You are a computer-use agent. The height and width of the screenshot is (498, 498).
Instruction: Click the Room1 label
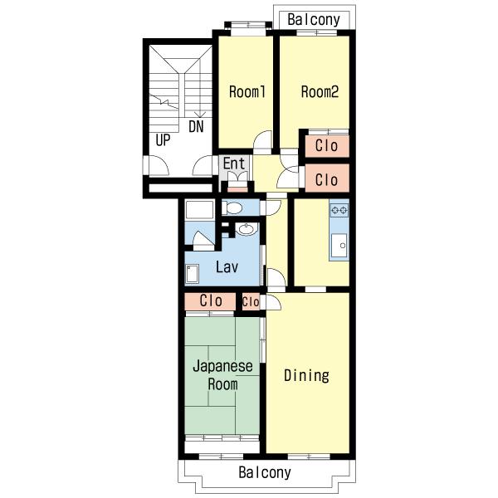247,92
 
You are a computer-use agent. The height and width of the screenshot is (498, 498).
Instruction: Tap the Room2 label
320,91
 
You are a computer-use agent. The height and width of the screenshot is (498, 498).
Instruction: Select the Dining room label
306,375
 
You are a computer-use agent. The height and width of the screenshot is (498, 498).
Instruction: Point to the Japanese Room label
222,375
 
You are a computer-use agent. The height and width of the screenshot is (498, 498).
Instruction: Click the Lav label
227,266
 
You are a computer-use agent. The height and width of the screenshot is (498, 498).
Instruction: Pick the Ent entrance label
234,164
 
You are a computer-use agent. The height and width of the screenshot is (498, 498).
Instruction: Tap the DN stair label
196,127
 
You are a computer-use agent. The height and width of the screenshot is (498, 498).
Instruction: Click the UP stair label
163,140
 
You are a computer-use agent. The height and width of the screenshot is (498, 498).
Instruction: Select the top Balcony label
314,20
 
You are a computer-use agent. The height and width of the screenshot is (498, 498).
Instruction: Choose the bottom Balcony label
265,472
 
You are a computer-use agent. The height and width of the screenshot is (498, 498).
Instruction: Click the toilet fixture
232,207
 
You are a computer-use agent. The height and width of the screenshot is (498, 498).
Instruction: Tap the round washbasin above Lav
247,229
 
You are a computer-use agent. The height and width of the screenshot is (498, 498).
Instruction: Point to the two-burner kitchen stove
339,210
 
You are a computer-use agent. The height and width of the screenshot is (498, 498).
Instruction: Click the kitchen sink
339,245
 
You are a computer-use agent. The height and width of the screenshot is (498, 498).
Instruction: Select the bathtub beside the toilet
199,210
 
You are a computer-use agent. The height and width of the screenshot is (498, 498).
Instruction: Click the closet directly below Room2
327,146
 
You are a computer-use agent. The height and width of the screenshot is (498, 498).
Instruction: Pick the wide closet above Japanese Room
210,301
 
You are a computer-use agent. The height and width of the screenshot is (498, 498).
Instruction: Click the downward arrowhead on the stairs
200,115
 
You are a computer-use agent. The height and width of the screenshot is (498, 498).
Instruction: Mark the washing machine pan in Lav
193,273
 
